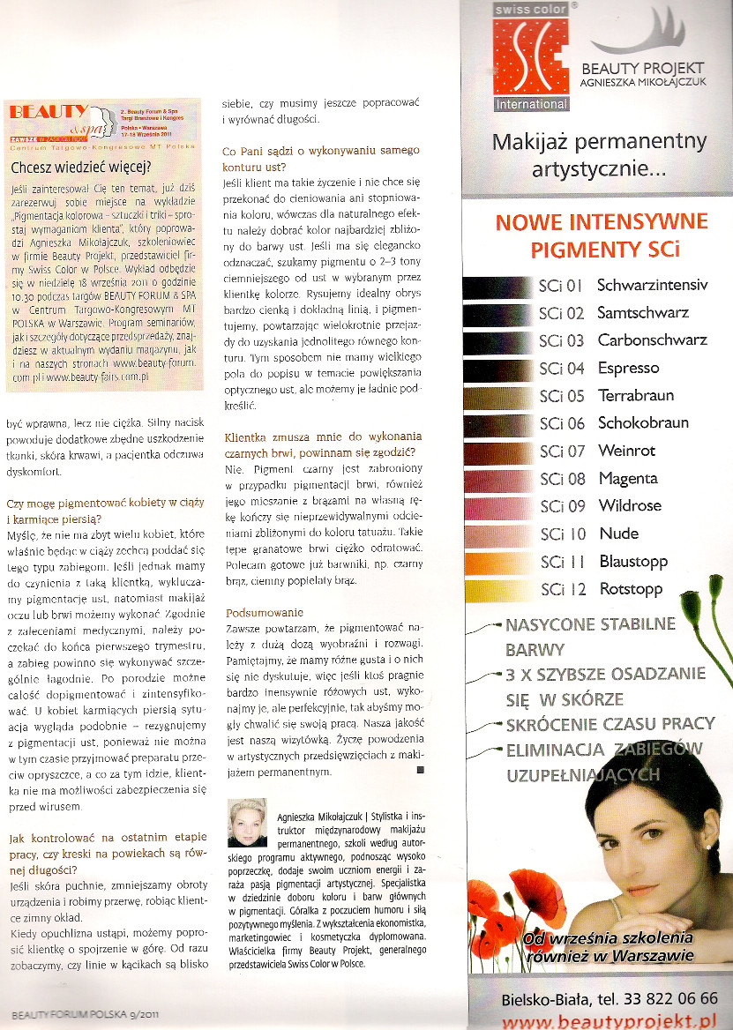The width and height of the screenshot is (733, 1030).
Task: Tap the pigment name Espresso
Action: pyautogui.click(x=629, y=368)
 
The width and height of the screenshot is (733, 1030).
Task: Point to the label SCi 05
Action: pyautogui.click(x=562, y=396)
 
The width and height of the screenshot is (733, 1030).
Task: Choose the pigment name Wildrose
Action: pyautogui.click(x=630, y=506)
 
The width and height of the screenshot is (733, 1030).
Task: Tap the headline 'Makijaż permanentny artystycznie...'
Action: pyautogui.click(x=599, y=154)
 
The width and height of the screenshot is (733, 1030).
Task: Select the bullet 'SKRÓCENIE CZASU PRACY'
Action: pyautogui.click(x=610, y=724)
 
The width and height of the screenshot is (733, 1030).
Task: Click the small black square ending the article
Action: pyautogui.click(x=419, y=770)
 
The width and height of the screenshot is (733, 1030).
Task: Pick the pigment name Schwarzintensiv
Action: pyautogui.click(x=653, y=285)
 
